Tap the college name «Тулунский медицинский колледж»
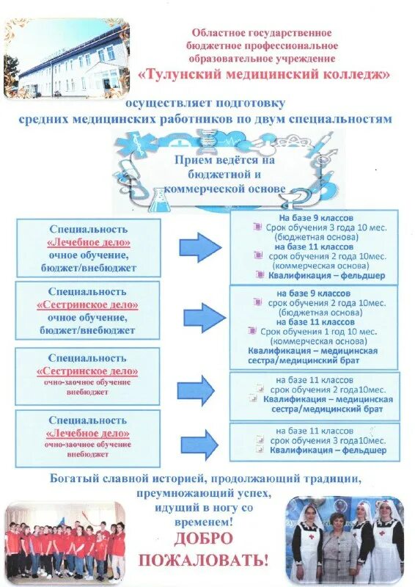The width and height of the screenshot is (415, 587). (263, 75)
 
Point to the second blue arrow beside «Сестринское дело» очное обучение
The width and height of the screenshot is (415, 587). (203, 317)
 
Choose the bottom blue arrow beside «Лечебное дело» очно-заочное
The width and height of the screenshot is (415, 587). (199, 444)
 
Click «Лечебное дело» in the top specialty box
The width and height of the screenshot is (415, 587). (88, 242)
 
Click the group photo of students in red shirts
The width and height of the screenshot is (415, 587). (66, 543)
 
